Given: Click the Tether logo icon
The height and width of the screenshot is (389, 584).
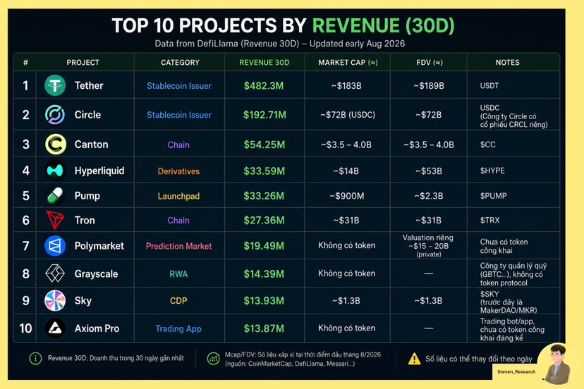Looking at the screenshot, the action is [55, 85].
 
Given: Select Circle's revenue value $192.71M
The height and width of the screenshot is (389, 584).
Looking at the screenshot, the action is [264, 115].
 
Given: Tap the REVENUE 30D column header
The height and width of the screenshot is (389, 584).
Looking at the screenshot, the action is [264, 63].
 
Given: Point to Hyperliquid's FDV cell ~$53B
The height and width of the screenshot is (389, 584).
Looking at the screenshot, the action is [428, 171].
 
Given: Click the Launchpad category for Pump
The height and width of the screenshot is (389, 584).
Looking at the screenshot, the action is [178, 196].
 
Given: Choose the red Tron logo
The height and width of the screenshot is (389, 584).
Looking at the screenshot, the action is [55, 220].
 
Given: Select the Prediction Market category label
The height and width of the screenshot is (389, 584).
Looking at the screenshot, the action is [178, 246].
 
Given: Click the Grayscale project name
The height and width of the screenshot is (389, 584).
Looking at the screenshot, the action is [96, 273].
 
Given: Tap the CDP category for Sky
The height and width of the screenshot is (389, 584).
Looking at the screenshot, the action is [178, 301].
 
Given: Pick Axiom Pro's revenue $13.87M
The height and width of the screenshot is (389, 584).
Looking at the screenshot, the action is [264, 328].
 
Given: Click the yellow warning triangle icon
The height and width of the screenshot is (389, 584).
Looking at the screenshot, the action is [414, 359].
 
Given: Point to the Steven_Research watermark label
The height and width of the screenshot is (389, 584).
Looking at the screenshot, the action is [516, 371].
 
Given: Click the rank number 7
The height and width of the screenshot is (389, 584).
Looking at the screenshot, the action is [25, 246].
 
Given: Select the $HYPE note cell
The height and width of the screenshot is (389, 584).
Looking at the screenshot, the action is [492, 171].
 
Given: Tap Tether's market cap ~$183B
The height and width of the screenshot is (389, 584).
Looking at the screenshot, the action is [346, 86].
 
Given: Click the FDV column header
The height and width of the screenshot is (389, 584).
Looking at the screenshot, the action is [430, 63].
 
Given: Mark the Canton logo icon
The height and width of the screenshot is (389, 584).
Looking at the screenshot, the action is [56, 144].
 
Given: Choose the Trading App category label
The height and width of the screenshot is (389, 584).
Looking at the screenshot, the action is [178, 328].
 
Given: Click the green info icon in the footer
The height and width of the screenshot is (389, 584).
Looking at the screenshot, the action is [35, 359].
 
